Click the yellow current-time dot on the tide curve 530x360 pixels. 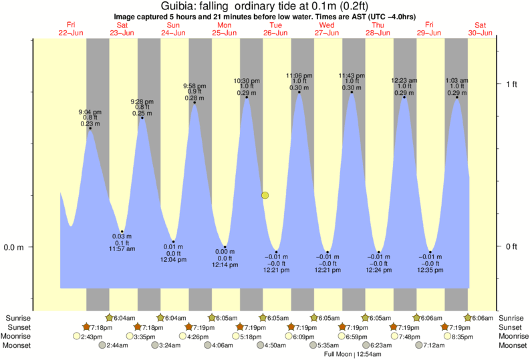coord(265,196)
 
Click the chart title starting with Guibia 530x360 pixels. coord(265,7)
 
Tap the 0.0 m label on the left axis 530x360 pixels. coord(13,248)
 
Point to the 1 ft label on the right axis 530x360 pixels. coord(512,84)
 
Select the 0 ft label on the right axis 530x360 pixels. coord(512,248)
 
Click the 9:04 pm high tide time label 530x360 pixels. coord(90,112)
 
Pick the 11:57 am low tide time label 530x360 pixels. coord(122,249)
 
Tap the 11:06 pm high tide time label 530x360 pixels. coord(299,75)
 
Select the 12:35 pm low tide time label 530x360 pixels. coord(430,271)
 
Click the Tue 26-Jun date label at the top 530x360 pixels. coord(275,29)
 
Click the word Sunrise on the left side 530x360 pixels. coord(18,318)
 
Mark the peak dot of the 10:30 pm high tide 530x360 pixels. coord(247,98)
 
